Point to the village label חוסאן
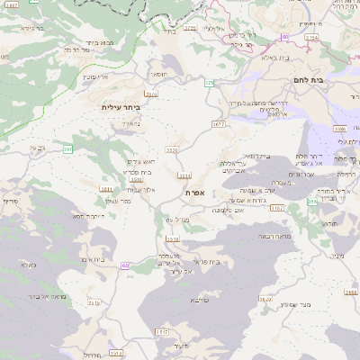[x=156, y=76]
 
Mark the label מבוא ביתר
[x=97, y=41]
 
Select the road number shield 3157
[x=275, y=208]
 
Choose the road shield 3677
[x=219, y=123]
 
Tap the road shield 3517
[x=162, y=331]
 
